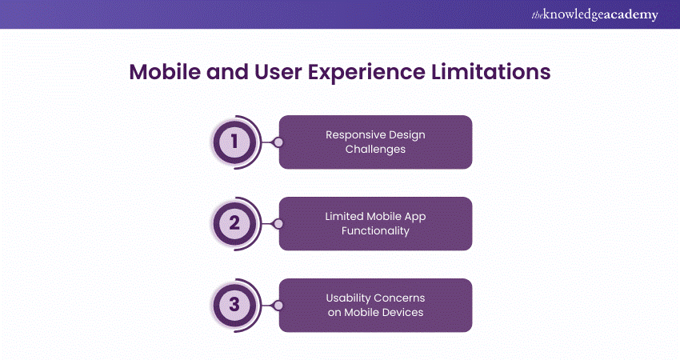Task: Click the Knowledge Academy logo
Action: (594, 14)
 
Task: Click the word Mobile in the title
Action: (165, 71)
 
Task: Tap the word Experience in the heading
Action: (366, 73)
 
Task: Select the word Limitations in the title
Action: (490, 71)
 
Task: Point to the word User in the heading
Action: (278, 71)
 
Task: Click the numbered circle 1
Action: (234, 142)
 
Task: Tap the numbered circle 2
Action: (234, 223)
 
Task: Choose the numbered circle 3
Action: (234, 305)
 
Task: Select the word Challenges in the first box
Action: (375, 150)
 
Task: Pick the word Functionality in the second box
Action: (375, 230)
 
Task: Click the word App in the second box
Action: (415, 217)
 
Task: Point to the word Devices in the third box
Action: (403, 312)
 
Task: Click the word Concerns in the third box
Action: (400, 298)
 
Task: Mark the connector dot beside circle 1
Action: (278, 142)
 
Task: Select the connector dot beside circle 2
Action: (278, 224)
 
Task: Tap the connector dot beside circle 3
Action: (278, 306)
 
